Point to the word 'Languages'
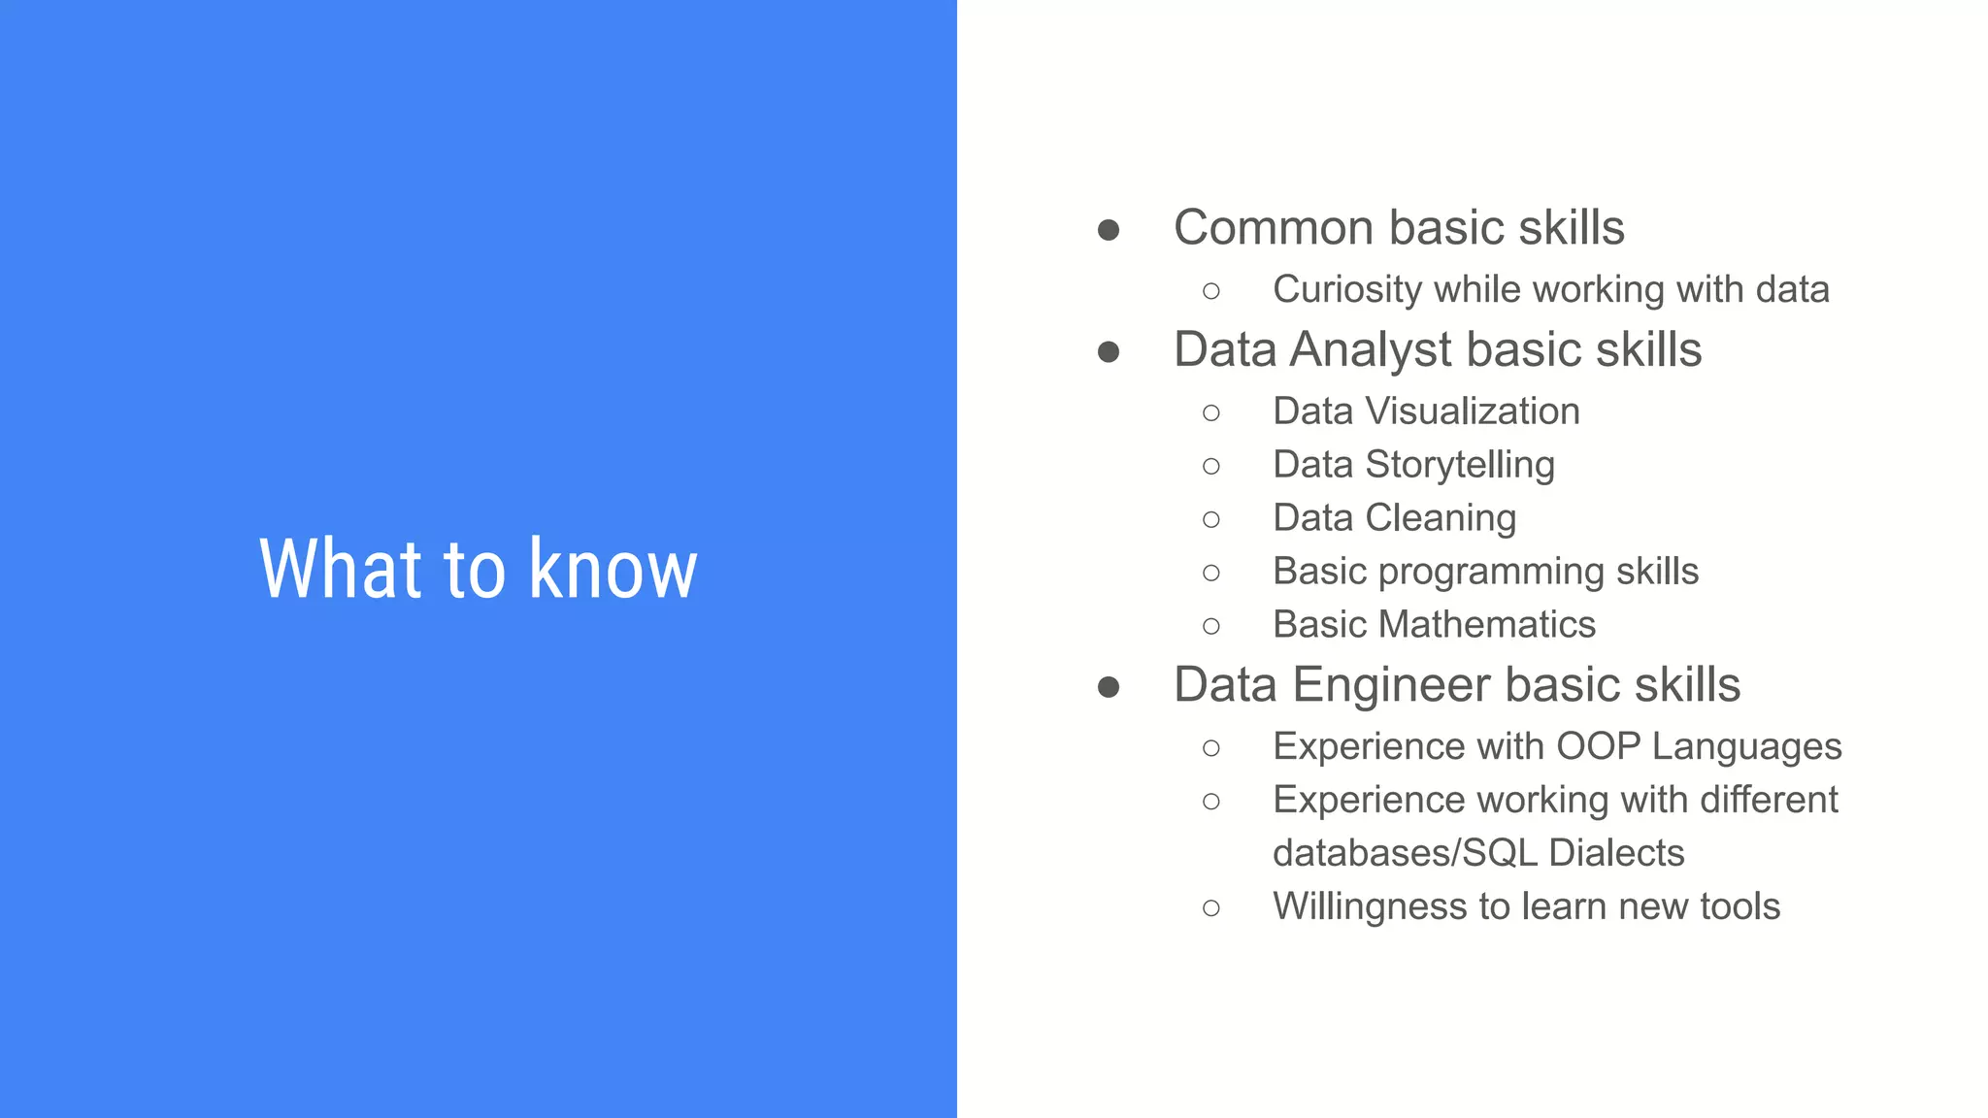click(1746, 747)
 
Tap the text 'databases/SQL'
click(1405, 853)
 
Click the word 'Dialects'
click(1616, 853)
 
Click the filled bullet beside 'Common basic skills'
click(1109, 230)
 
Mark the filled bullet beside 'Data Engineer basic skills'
click(1109, 687)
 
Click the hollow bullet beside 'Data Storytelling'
click(1210, 467)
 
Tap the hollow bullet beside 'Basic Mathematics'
click(1210, 627)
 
